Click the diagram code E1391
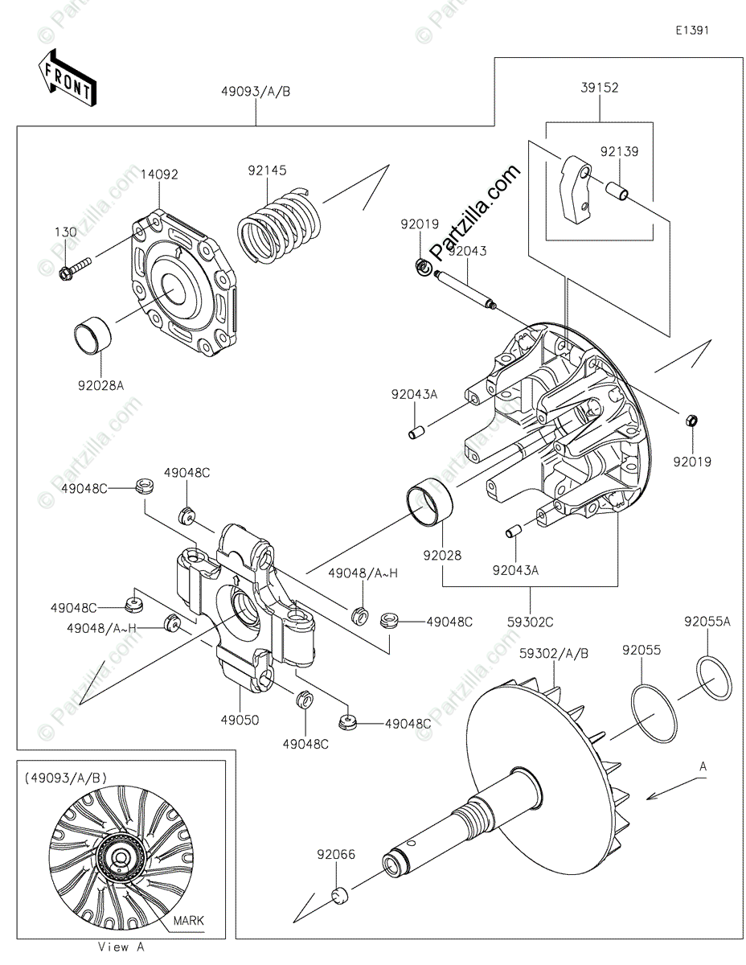click(691, 31)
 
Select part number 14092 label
click(159, 174)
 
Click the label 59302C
click(530, 621)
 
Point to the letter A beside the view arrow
click(702, 767)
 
